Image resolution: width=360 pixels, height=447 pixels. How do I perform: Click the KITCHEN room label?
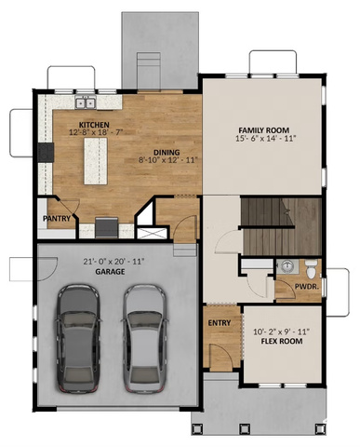(x=94, y=125)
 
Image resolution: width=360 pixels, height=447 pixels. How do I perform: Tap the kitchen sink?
(x=86, y=102)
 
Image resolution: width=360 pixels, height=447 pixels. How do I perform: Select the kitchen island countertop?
(x=96, y=161)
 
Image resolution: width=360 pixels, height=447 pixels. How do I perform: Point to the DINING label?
(x=167, y=153)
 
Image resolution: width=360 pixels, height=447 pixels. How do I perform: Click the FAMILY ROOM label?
(x=264, y=130)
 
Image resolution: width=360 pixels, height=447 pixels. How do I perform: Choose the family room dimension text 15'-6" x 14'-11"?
(x=264, y=139)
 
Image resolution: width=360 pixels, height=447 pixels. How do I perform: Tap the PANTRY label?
(x=57, y=218)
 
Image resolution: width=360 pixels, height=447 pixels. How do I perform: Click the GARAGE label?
(x=110, y=272)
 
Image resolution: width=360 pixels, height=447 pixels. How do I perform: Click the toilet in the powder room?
(x=311, y=269)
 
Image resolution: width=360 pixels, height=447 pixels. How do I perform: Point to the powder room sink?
(x=287, y=266)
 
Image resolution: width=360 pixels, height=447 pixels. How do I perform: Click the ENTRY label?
(x=220, y=323)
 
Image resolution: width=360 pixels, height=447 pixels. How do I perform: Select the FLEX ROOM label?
(x=282, y=342)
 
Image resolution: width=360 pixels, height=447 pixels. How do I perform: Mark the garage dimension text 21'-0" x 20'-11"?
(x=114, y=262)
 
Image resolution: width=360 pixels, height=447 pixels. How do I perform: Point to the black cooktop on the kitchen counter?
(x=46, y=152)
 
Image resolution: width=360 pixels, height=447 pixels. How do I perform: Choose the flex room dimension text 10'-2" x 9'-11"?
(x=282, y=332)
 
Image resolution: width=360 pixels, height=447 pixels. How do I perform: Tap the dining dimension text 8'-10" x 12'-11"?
(x=168, y=160)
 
